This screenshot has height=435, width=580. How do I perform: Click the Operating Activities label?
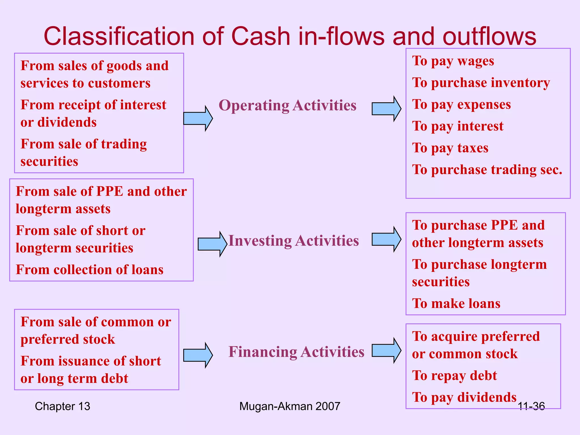(x=287, y=105)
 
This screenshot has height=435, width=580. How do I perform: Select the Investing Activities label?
(x=294, y=241)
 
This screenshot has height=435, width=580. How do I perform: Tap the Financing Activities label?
(x=296, y=352)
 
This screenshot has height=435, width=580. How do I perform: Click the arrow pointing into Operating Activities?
(x=198, y=118)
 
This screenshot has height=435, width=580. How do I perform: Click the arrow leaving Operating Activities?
(x=386, y=109)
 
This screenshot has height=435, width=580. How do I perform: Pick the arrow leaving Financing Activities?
(x=386, y=350)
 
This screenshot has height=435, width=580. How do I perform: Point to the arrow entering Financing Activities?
(x=198, y=355)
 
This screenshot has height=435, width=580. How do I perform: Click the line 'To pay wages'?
(x=453, y=61)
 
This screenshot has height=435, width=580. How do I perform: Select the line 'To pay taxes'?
(x=450, y=148)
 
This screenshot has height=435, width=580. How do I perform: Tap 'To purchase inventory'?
(x=481, y=83)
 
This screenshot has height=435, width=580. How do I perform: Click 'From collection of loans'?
(x=89, y=270)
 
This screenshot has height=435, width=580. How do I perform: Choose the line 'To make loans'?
(x=456, y=303)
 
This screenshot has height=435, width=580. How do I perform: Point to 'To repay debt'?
(x=454, y=376)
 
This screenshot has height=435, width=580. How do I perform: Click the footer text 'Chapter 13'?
(x=62, y=406)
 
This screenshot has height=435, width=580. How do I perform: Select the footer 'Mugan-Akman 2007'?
(x=289, y=406)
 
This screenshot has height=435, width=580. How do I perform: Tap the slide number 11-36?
(x=531, y=406)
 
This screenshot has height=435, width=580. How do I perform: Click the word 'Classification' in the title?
(x=119, y=36)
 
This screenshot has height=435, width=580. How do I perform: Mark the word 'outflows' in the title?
(x=489, y=36)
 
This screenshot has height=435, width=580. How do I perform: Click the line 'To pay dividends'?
(x=464, y=397)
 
